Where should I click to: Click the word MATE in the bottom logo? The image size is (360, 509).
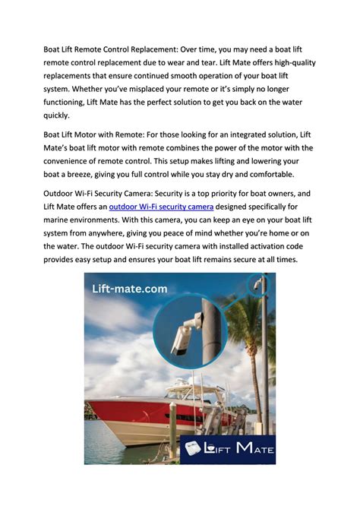[254, 450]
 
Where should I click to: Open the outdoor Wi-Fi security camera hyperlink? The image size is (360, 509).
[161, 207]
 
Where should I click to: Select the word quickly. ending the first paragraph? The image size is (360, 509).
[56, 116]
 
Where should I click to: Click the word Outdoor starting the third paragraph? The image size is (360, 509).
[62, 193]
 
